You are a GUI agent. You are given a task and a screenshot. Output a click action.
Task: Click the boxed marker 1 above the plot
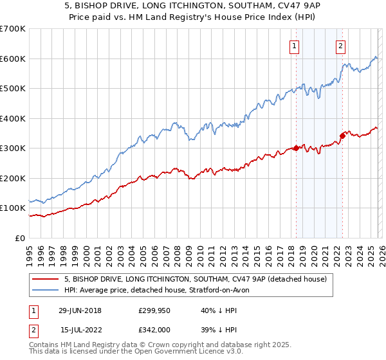tap(295, 46)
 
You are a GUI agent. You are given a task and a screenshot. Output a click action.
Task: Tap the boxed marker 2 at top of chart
tap(340, 46)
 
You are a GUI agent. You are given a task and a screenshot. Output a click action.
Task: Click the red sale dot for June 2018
tap(296, 148)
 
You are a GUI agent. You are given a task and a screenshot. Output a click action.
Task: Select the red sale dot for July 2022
tap(342, 135)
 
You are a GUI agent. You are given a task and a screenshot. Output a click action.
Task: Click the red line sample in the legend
tap(46, 279)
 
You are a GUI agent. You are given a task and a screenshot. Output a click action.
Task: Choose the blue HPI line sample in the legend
tap(46, 290)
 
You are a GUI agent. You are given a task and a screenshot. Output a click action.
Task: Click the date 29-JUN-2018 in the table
tap(84, 310)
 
